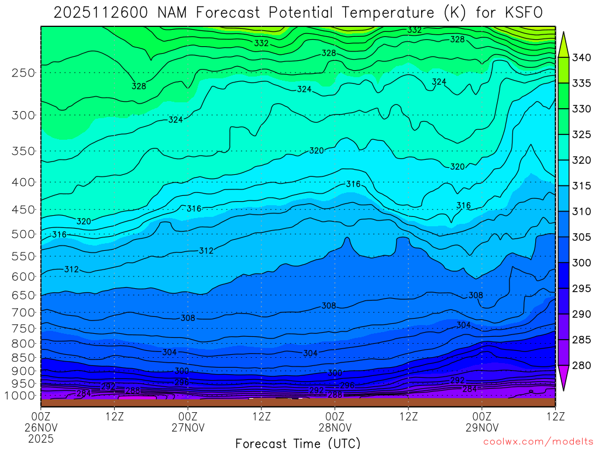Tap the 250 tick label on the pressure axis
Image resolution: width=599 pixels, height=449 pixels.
click(x=23, y=73)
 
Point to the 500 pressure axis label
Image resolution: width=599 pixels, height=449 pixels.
click(x=23, y=234)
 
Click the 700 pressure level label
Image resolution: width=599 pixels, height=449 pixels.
click(x=23, y=313)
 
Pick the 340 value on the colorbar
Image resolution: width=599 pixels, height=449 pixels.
click(x=581, y=57)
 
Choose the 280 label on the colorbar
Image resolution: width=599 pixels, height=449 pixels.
click(x=581, y=365)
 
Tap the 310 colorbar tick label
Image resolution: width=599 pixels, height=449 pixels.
click(x=581, y=211)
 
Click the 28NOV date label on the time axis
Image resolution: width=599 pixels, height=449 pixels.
click(x=335, y=427)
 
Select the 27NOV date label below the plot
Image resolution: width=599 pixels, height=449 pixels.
click(x=188, y=427)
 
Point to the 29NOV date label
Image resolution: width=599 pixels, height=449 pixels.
click(x=481, y=427)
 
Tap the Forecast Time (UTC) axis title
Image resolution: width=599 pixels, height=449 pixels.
click(x=298, y=443)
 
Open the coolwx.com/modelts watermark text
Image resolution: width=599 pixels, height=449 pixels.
click(x=538, y=443)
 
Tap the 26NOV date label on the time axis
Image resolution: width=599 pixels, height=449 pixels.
click(x=41, y=427)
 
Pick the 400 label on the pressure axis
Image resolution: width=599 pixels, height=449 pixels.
click(x=23, y=182)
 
